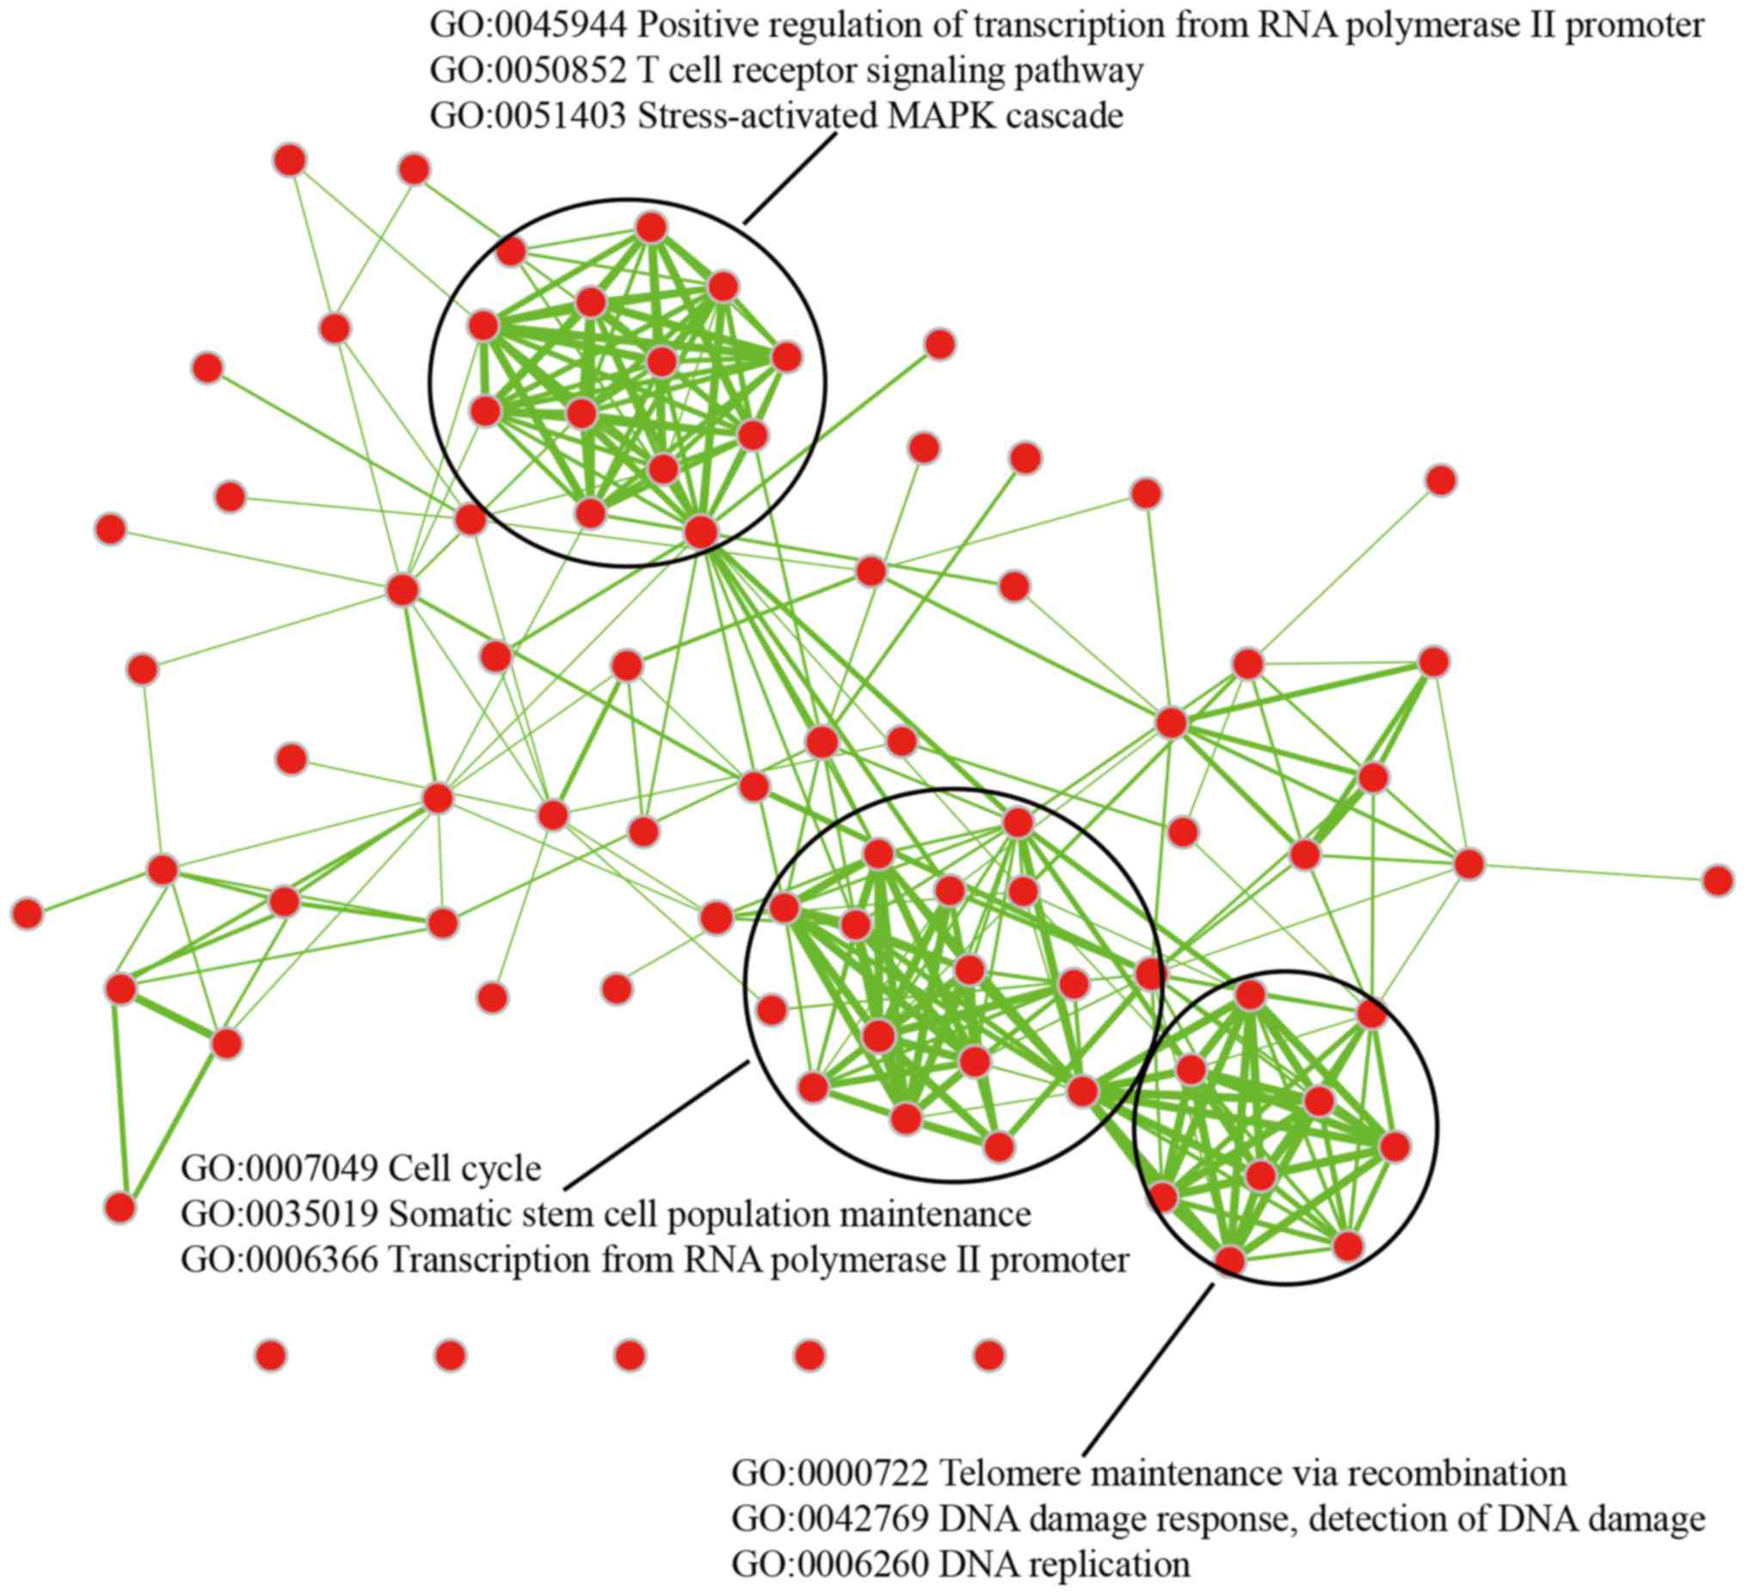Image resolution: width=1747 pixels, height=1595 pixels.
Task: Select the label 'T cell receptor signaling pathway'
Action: tap(890, 71)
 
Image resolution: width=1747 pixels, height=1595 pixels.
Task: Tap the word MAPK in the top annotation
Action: tap(938, 116)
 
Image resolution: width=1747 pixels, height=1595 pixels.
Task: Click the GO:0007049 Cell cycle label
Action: tap(360, 1168)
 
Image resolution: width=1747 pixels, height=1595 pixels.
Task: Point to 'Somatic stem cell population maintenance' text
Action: tap(709, 1214)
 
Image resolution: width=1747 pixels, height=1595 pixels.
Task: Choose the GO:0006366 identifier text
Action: tap(279, 1259)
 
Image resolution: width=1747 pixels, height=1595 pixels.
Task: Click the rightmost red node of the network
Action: tap(1718, 881)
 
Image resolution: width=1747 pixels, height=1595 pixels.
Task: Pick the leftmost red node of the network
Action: tap(27, 914)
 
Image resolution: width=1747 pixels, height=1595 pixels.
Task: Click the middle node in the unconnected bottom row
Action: tap(630, 1355)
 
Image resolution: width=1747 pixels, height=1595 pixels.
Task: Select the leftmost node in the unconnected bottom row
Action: tap(271, 1355)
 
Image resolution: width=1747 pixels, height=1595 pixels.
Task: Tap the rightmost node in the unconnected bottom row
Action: tap(988, 1355)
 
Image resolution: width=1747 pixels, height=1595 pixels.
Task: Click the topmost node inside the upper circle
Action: tap(650, 228)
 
